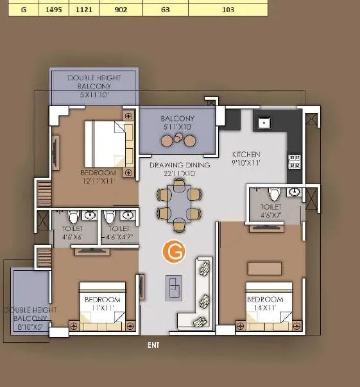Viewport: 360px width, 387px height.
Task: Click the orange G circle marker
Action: coord(173,252)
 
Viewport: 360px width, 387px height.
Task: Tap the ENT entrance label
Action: coord(153,345)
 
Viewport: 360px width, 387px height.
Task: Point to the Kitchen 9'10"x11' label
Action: coord(246,159)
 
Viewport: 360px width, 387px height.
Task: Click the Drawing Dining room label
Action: coord(180,169)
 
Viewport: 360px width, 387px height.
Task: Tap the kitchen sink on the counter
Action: coord(263,122)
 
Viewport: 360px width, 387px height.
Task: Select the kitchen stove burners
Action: coord(295,160)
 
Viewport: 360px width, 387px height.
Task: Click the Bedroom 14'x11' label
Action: coord(265,304)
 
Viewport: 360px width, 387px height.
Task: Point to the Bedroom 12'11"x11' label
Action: coord(98,177)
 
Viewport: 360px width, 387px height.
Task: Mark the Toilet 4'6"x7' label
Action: coord(270,211)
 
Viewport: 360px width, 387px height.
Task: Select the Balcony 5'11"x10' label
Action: coord(177,123)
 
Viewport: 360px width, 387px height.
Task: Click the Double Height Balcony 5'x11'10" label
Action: coord(94,86)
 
